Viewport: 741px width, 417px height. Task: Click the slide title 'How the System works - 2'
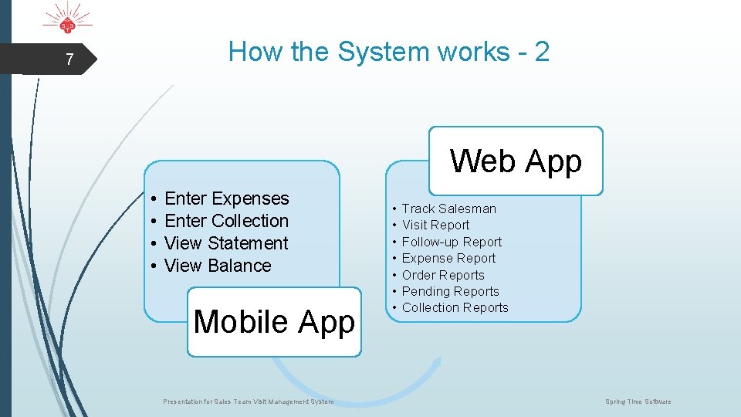coord(389,52)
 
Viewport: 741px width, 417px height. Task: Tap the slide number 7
coord(69,59)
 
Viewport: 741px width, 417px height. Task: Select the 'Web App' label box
coord(516,161)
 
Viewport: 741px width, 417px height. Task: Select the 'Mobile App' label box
coord(274,321)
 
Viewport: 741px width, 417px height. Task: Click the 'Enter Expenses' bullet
coord(226,198)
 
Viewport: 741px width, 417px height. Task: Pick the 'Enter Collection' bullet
coord(226,221)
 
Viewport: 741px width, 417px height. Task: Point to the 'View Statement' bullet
coord(226,243)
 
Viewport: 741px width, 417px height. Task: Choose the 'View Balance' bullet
coord(218,266)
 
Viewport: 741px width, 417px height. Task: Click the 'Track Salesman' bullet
coord(448,208)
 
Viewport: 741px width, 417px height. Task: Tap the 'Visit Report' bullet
coord(435,225)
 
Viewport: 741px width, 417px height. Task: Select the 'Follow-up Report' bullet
coord(452,242)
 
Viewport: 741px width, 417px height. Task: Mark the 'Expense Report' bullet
coord(448,258)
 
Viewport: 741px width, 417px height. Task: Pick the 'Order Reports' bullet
coord(443,275)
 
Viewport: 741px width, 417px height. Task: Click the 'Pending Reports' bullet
coord(450,291)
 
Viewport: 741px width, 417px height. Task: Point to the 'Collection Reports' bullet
coord(455,307)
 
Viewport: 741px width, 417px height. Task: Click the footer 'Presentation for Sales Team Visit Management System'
coord(249,402)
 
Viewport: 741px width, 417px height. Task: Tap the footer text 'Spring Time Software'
coord(638,402)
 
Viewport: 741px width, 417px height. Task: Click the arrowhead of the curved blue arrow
coord(435,363)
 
